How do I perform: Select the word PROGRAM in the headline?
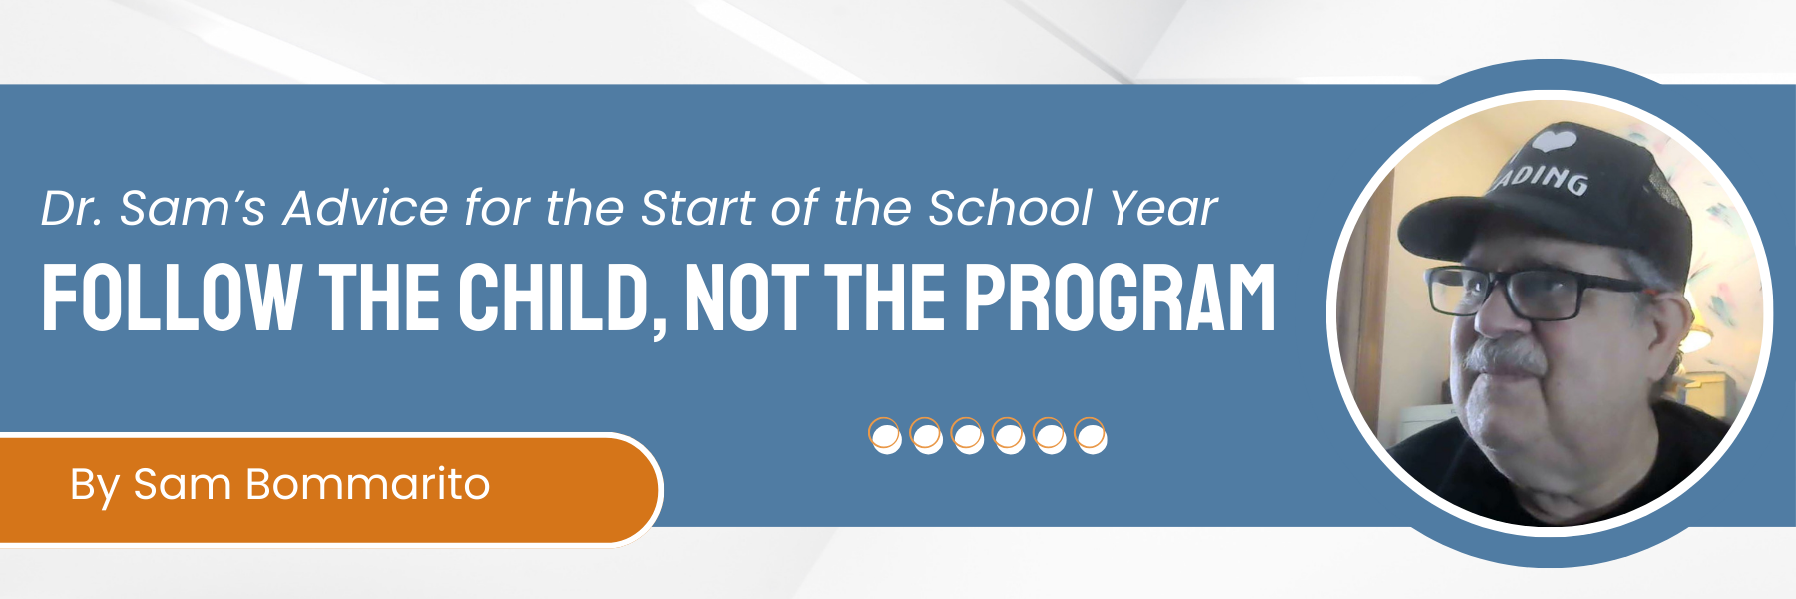point(1120,298)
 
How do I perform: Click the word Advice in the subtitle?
point(365,209)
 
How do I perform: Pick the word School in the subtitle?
point(1010,209)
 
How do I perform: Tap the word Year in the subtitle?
point(1163,209)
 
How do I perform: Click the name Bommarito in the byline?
point(367,484)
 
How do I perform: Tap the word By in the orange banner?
point(95,486)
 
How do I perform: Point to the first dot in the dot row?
point(885,436)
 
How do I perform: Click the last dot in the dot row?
point(1090,436)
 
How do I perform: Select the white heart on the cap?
point(1556,139)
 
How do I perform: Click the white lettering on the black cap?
point(1541,179)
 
